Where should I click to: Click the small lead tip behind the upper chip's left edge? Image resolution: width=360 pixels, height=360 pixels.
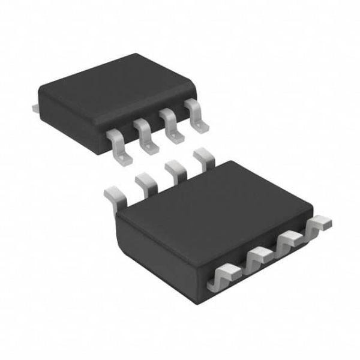[x=35, y=107]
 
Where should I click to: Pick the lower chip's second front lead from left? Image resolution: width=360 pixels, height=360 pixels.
[x=256, y=259]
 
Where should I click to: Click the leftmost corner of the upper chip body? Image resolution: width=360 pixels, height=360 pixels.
[x=40, y=96]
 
